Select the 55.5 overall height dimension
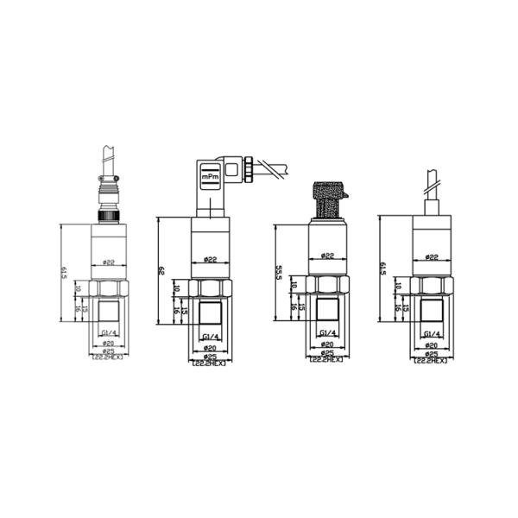click(x=278, y=273)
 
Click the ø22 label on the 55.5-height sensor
click(x=327, y=256)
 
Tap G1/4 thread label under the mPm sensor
click(x=210, y=335)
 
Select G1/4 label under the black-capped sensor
click(x=327, y=333)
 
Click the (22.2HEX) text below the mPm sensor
click(x=209, y=363)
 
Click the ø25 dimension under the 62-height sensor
click(x=209, y=356)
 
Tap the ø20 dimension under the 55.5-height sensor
click(x=327, y=344)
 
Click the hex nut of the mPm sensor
click(x=210, y=289)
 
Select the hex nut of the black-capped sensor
click(x=327, y=284)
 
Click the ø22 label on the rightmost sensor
click(x=431, y=257)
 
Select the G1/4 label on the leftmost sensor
click(x=109, y=333)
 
